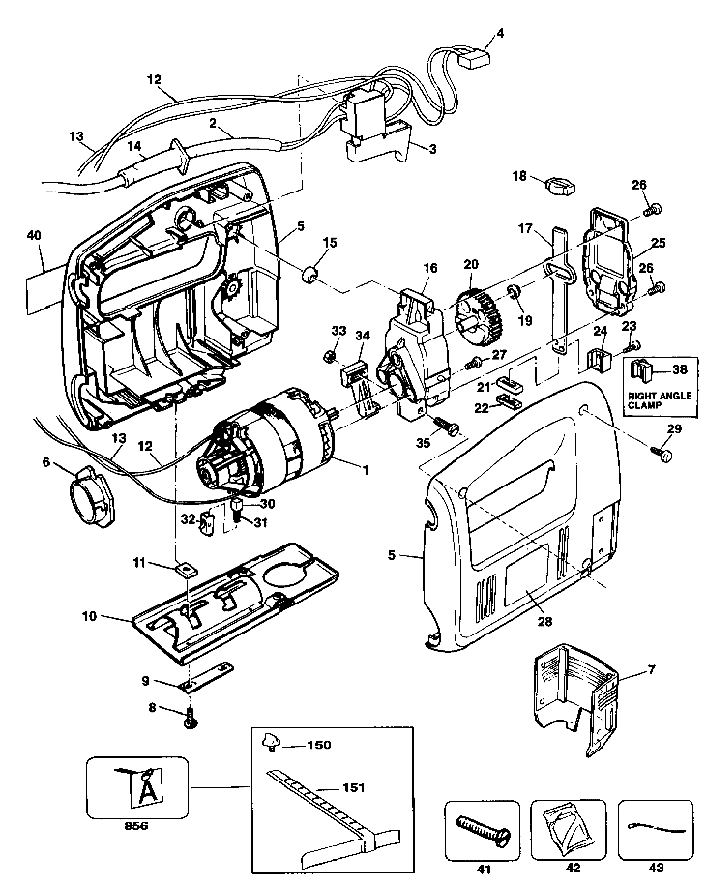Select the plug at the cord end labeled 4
click(473, 57)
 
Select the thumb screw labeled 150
click(269, 744)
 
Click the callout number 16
click(428, 266)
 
